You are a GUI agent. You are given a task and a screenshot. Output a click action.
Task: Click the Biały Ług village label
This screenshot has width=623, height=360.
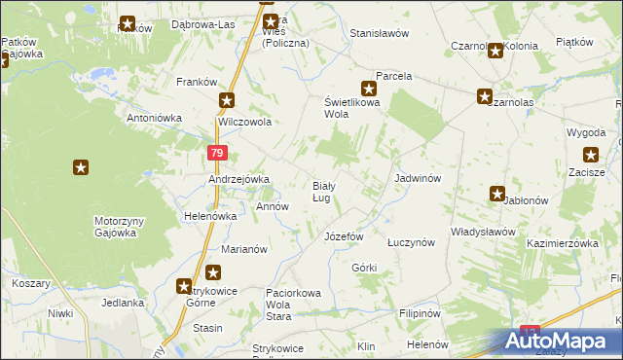(324, 192)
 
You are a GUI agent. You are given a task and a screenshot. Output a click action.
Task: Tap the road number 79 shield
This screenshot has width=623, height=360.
(217, 154)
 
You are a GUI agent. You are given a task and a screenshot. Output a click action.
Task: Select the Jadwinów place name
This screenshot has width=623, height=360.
(419, 179)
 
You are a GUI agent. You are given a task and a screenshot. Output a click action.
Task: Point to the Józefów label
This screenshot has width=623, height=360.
(344, 236)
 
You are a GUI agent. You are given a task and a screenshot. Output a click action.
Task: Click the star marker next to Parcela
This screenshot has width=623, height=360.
(368, 88)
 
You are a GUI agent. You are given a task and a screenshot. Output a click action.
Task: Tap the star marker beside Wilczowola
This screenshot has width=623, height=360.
(227, 100)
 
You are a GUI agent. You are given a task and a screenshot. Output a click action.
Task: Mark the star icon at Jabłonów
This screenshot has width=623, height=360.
(497, 194)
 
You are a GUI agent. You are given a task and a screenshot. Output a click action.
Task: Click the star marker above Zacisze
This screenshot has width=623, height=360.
(590, 155)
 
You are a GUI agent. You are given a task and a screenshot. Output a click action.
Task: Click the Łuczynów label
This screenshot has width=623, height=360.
(410, 243)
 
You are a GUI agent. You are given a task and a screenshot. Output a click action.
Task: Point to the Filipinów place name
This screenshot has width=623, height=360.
(421, 314)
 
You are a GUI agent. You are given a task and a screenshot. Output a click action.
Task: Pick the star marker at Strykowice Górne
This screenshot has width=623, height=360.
(184, 286)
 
